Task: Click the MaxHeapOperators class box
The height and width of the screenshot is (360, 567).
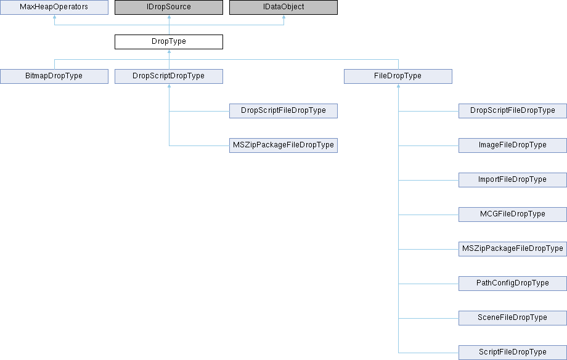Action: click(54, 7)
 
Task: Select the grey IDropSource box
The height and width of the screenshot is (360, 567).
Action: click(168, 7)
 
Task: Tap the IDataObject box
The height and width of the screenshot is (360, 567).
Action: click(283, 7)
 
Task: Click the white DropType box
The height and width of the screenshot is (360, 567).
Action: click(168, 42)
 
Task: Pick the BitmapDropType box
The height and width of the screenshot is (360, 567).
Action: click(54, 76)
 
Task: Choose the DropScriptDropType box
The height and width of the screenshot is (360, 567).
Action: click(168, 76)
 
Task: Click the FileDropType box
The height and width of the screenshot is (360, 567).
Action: click(398, 76)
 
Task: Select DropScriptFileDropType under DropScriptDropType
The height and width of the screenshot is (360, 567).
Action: click(283, 111)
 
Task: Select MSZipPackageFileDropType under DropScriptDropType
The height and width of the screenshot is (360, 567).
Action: click(283, 145)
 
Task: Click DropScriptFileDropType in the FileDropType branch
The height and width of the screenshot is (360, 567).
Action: click(513, 111)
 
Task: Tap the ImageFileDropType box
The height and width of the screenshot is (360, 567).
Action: click(513, 145)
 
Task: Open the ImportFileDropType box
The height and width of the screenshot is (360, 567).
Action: click(513, 180)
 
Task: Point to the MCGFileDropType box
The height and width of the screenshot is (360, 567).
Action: click(513, 215)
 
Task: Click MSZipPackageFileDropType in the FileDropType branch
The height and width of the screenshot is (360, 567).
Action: click(513, 249)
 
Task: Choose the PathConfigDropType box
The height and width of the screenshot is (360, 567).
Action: click(513, 284)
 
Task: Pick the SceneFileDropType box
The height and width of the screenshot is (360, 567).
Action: click(513, 318)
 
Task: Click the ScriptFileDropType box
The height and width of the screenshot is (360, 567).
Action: click(513, 353)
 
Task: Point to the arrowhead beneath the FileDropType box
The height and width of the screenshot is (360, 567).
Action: click(398, 87)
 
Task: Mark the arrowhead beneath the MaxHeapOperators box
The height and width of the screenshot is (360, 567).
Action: click(54, 18)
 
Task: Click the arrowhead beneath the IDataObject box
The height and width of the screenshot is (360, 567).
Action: click(283, 18)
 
